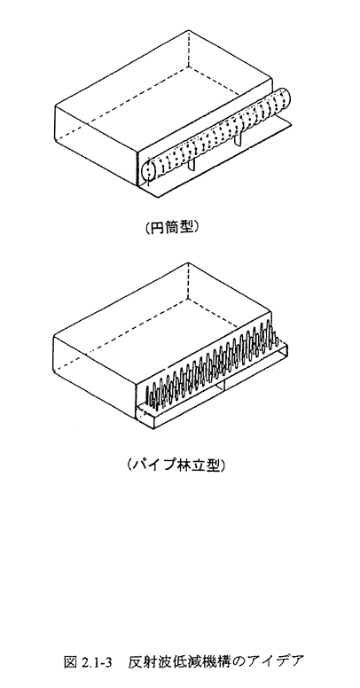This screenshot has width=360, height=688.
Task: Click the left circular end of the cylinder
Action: (x=148, y=172)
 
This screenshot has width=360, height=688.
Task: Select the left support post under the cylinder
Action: (x=192, y=165)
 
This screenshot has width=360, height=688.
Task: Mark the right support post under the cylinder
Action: (x=239, y=140)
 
